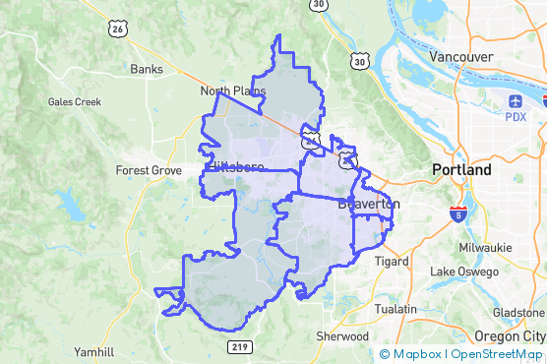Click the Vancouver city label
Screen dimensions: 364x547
coord(461,57)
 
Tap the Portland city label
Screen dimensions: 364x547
coord(461,170)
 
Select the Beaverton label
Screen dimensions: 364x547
coord(369,205)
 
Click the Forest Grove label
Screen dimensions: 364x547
coord(149,170)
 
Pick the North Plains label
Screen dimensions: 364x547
coord(233,91)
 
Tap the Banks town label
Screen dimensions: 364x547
coord(147,70)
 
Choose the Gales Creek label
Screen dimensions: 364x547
coord(75,101)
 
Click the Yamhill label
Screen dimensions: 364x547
coord(94,351)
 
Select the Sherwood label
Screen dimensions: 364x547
coord(342,335)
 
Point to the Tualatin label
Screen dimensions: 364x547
coord(395,309)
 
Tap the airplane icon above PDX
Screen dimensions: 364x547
coord(517,100)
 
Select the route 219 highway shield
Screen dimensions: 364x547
coord(239,346)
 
